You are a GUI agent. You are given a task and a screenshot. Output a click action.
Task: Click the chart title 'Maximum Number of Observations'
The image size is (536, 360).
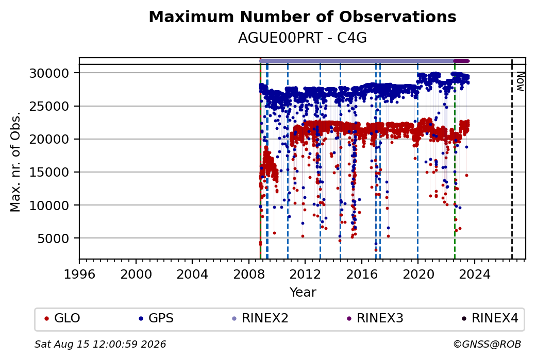coord(303,16)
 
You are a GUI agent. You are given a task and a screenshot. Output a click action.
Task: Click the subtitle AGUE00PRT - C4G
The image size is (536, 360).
coord(303,38)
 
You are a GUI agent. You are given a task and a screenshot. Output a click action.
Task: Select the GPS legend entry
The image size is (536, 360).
coord(156,318)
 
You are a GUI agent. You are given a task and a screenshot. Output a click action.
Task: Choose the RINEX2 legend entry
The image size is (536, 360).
coord(260,318)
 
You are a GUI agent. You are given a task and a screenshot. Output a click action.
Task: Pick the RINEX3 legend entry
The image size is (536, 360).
coord(375,318)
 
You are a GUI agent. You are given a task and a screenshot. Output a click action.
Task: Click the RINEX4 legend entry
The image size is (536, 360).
coord(490,318)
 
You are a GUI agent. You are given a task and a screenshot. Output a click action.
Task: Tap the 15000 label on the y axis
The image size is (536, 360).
coord(49,172)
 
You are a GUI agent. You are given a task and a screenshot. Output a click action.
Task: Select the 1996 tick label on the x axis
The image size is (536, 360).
coord(80,275)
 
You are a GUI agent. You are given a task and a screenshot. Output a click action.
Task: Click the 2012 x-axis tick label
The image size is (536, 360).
coord(305,275)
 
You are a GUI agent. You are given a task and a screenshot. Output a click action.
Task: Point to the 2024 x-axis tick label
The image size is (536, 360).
coord(474,275)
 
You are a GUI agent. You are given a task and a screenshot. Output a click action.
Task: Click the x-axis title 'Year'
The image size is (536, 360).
coord(303,293)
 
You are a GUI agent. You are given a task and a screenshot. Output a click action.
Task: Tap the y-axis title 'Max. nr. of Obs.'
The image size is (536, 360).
coord(15,162)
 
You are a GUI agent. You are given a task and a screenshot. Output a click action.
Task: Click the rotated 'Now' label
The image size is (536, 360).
coord(520,81)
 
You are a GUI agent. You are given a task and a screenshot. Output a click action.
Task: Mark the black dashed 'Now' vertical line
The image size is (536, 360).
coord(512,159)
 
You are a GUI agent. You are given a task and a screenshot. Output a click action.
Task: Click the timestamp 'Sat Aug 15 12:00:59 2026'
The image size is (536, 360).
coord(100,344)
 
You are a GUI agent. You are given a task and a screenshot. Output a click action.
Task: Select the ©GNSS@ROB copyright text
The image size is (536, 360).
coord(487,344)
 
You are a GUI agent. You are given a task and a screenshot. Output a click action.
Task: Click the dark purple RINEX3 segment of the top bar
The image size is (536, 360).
coord(461,61)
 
